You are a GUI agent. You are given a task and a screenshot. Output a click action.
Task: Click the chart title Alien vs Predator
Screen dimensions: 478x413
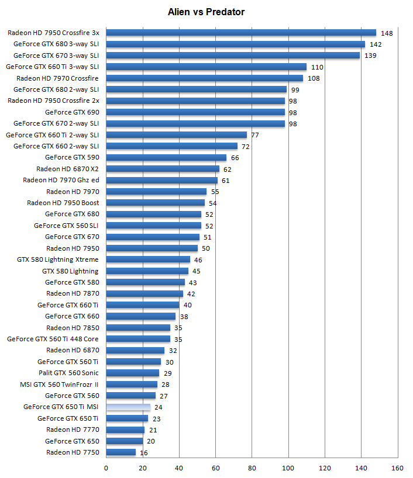tap(206, 12)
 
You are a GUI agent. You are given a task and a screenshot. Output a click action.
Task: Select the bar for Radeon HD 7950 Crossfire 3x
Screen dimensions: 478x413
tap(240, 33)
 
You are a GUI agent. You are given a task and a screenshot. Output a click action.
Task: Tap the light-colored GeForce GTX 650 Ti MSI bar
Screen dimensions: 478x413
tap(128, 407)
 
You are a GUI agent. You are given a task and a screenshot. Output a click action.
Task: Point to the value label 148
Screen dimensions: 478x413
tap(386, 33)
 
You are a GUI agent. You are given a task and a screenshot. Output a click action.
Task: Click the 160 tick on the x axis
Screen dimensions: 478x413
tap(398, 467)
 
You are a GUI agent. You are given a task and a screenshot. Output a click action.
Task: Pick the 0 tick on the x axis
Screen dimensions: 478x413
tap(106, 467)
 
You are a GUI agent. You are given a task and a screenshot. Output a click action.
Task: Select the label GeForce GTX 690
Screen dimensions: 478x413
tap(72, 112)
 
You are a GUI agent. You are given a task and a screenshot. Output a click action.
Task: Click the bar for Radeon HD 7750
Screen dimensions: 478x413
tap(121, 452)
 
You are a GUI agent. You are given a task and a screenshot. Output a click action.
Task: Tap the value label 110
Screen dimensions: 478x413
tap(317, 67)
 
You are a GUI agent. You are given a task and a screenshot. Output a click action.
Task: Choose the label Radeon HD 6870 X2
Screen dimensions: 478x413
tap(67, 169)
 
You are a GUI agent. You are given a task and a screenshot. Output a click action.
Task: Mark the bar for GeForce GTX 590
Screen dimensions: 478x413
tap(166, 157)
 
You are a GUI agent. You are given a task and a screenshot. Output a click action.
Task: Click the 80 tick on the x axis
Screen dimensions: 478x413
tap(252, 467)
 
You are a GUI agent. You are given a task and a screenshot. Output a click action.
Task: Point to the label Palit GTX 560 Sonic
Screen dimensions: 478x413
tap(68, 373)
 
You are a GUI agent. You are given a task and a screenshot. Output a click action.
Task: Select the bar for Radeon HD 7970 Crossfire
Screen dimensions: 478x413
tap(204, 78)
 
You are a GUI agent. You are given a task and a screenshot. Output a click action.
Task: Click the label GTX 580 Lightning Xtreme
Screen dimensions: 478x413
tap(57, 259)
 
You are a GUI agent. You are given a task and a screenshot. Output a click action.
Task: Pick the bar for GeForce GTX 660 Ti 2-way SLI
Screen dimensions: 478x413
tap(176, 135)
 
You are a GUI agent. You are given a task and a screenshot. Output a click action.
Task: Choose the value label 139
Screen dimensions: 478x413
tap(370, 56)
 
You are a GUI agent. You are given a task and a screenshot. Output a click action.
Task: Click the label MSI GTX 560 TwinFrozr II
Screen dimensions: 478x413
tap(59, 385)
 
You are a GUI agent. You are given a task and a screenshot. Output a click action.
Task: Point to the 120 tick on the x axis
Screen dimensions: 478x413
tap(325, 467)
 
